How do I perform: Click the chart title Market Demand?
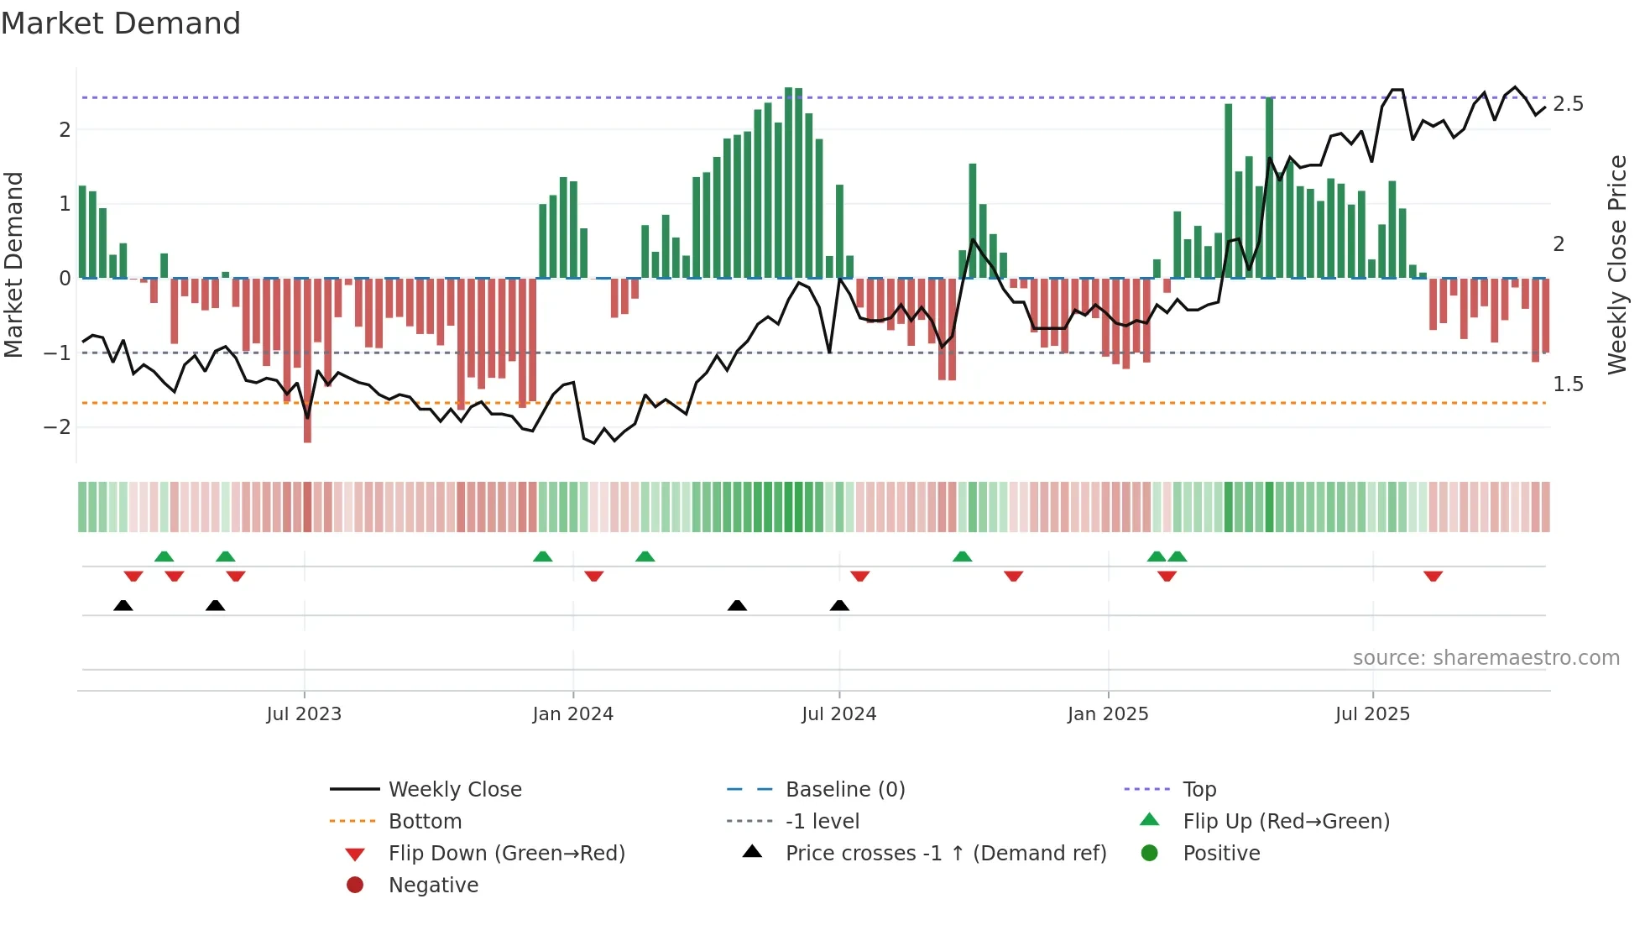tap(121, 24)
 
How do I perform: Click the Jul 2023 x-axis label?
tap(304, 714)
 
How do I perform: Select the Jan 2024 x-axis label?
tap(572, 714)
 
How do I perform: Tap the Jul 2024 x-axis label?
tap(838, 714)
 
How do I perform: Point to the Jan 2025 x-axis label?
tap(1107, 714)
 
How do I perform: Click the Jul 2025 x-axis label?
tap(1372, 714)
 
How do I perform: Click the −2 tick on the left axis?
tap(57, 427)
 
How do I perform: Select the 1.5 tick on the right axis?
tap(1568, 384)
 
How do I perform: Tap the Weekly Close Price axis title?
tap(1616, 264)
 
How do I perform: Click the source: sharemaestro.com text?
tap(1486, 658)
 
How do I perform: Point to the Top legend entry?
tap(1198, 790)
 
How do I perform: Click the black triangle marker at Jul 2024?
tap(839, 605)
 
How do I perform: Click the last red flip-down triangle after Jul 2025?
tap(1433, 576)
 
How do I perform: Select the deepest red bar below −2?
tap(307, 420)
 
